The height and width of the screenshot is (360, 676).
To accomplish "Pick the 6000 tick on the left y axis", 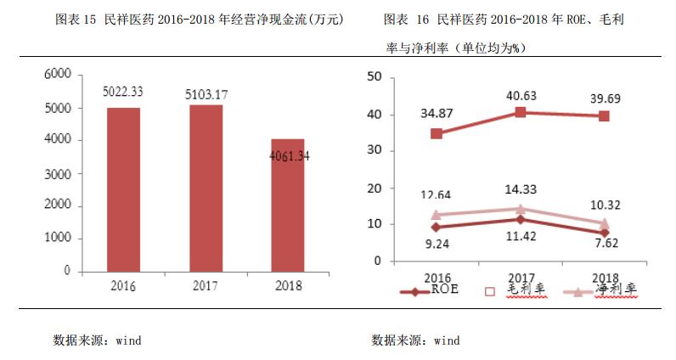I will tap(57, 75).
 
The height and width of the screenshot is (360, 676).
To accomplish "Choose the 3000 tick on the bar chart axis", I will tap(57, 173).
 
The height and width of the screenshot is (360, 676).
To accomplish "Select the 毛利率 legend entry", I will tap(515, 290).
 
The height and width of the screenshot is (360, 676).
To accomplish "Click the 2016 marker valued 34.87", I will tap(437, 133).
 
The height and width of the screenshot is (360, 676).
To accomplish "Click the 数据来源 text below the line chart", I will tap(415, 340).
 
